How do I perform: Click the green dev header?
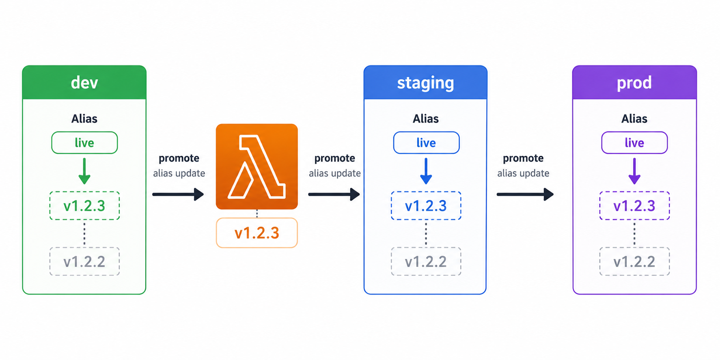84,82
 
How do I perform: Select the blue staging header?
425,82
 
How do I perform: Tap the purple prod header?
634,82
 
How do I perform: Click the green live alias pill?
84,142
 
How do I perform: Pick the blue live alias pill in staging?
426,142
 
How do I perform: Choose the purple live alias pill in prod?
634,142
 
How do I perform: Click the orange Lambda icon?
257,166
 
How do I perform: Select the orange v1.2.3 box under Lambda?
257,233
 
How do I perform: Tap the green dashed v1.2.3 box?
84,206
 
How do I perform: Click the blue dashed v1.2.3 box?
426,206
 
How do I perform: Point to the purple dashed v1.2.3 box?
634,206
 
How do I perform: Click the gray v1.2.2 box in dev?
84,261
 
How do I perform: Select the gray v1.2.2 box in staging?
426,261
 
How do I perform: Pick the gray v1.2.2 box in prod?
634,261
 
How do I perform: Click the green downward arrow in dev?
84,171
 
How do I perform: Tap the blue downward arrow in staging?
426,171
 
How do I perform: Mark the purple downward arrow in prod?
634,171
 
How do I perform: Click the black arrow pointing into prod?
525,194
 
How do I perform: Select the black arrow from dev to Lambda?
178,194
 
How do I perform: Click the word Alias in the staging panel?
426,119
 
